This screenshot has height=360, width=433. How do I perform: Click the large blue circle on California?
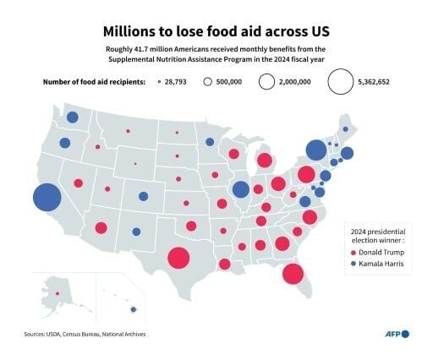47,197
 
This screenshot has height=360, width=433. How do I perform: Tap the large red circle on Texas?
178,258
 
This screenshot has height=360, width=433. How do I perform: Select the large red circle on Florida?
293,273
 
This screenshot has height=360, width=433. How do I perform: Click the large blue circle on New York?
315,150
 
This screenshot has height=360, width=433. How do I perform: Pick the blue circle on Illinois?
241,190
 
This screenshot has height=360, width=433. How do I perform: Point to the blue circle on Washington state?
73,117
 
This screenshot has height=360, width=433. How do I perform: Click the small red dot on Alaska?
58,293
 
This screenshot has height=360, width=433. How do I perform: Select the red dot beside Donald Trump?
353,252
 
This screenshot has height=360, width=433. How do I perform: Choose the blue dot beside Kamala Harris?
353,265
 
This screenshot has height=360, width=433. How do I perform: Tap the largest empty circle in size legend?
342,82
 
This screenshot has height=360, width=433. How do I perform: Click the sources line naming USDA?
85,335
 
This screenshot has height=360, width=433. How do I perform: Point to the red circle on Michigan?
264,161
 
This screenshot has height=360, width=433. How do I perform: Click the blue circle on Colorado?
144,197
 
